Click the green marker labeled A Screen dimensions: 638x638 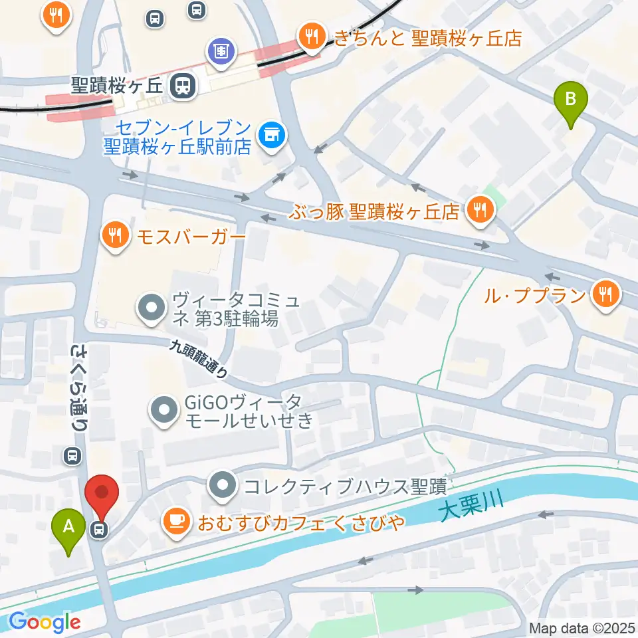68,528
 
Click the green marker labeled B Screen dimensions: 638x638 570,100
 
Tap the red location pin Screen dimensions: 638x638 102,493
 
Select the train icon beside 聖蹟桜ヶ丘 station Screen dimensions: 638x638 181,85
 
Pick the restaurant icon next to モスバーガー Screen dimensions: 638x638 116,235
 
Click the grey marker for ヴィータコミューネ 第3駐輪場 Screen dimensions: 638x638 151,307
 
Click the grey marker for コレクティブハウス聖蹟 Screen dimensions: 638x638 222,486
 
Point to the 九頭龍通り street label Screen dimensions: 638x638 199,359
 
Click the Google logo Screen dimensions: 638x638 45,622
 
